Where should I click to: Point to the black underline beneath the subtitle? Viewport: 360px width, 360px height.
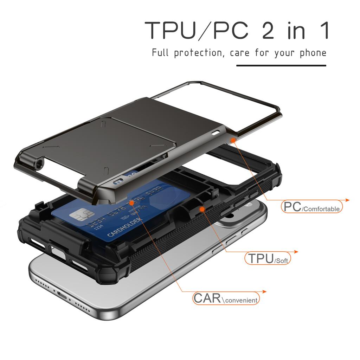click(x=281, y=65)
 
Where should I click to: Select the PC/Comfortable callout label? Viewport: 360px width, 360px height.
click(x=312, y=207)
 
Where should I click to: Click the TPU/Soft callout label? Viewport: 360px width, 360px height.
click(x=268, y=258)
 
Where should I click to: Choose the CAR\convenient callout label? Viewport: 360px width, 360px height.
click(x=226, y=298)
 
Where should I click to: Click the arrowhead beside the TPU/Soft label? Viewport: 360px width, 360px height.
click(x=296, y=252)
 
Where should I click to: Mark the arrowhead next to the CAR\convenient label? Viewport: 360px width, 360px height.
click(x=264, y=291)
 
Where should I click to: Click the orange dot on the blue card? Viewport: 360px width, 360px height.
click(x=131, y=202)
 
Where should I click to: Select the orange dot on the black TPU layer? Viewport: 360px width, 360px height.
click(x=202, y=209)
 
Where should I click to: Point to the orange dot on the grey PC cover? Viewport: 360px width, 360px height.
click(x=233, y=140)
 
